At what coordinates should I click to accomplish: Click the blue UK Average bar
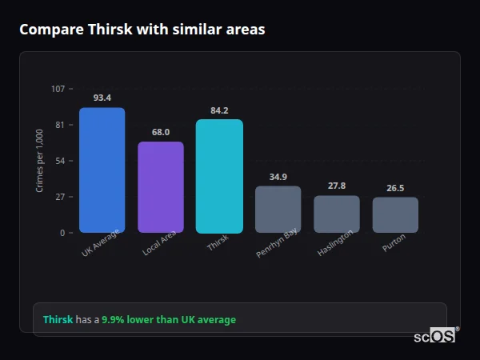pos(102,170)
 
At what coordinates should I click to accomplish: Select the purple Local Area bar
pos(161,187)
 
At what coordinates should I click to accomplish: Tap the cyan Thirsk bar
pos(219,176)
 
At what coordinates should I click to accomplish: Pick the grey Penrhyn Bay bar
pos(278,210)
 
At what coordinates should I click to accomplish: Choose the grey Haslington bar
pos(337,214)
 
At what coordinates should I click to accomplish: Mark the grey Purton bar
pos(395,215)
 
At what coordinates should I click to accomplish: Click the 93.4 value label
pos(102,98)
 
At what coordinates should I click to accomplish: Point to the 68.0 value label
pos(161,132)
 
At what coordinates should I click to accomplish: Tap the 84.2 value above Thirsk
pos(219,110)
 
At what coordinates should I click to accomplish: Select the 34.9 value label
pos(278,177)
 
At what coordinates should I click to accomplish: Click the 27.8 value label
pos(337,186)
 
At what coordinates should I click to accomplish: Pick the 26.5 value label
pos(395,188)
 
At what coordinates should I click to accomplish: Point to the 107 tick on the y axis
pos(58,89)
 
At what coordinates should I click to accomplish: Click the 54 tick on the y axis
pos(60,161)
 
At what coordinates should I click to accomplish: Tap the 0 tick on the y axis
pos(62,233)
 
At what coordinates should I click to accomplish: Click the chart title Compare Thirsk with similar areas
pos(142,30)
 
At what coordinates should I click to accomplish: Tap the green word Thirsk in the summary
pos(58,320)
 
